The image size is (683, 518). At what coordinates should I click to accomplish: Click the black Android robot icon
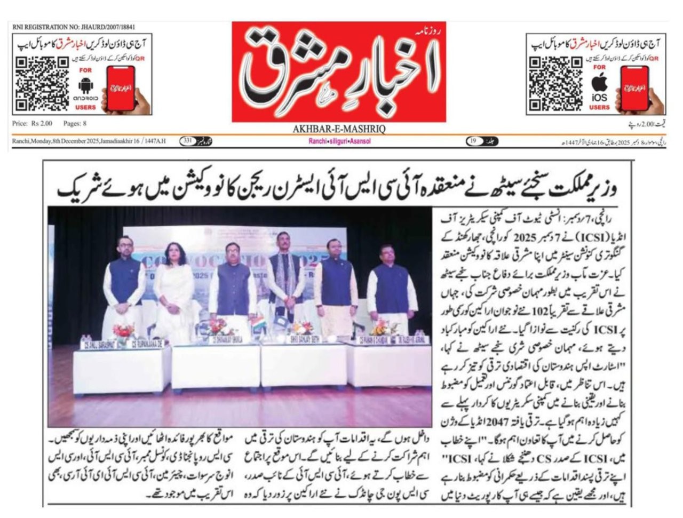click(85, 85)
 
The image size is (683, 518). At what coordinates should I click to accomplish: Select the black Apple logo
click(600, 82)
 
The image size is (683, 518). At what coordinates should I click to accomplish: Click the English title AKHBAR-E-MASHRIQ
click(339, 129)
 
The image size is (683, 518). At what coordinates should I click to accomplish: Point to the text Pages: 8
click(75, 124)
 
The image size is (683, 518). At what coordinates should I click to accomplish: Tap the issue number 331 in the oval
click(188, 141)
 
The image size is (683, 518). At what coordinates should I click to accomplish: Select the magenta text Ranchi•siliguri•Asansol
click(339, 141)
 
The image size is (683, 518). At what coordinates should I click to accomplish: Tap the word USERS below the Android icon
click(85, 107)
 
